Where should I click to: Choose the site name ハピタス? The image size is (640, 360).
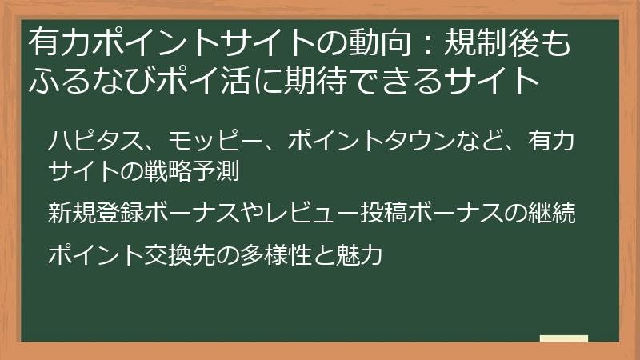(96, 142)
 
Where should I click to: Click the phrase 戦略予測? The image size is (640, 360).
(191, 171)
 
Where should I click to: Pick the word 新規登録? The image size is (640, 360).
(96, 213)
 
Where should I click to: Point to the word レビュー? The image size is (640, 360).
(311, 213)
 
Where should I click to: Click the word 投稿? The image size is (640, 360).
(383, 213)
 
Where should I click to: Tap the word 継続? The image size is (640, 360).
(551, 213)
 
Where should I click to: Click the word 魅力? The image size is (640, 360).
(358, 255)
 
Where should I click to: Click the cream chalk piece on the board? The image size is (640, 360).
(564, 338)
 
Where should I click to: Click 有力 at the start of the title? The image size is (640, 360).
(60, 42)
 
